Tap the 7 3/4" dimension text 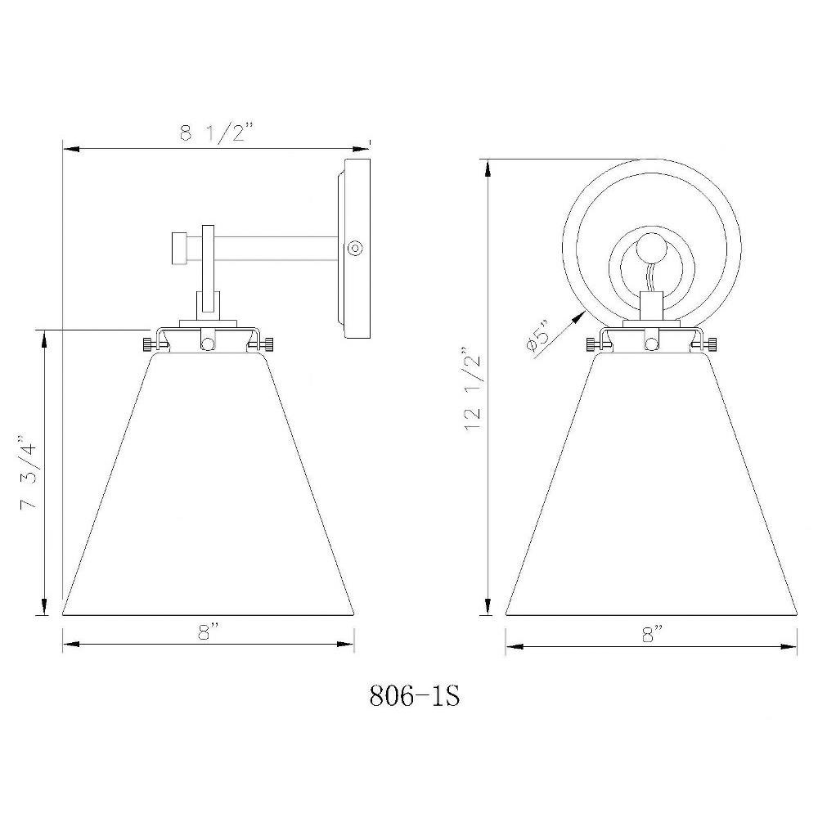click(x=29, y=472)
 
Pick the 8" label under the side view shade click(x=207, y=633)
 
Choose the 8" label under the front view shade click(x=650, y=635)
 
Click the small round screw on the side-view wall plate click(x=355, y=248)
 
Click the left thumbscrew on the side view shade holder click(x=149, y=344)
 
